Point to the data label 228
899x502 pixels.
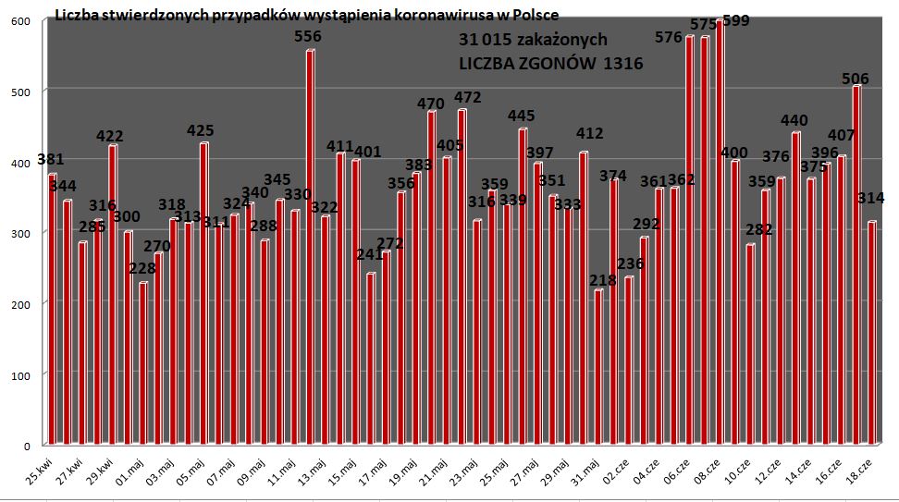(142, 268)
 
